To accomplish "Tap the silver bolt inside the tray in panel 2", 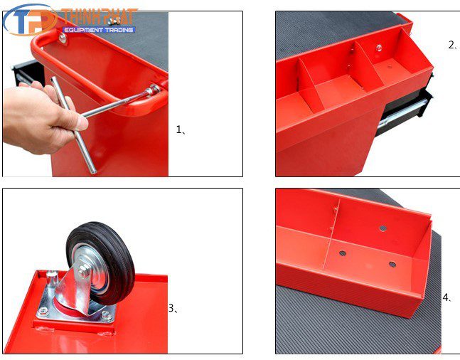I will (x=379, y=48).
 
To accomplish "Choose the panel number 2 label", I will (x=452, y=45).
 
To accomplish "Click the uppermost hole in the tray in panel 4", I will (x=383, y=229).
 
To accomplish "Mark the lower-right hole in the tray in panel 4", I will (x=392, y=265).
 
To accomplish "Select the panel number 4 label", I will (x=446, y=297).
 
